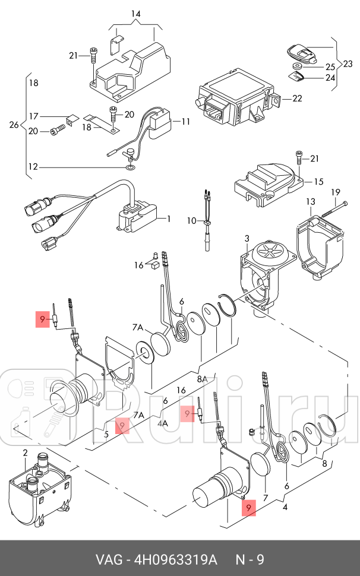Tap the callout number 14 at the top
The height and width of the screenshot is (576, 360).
[x=135, y=14]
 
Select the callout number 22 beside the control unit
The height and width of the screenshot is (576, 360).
[x=297, y=98]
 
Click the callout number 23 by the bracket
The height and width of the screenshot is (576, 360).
[x=348, y=64]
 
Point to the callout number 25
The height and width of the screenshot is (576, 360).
[x=330, y=67]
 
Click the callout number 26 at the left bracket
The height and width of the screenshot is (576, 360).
[x=14, y=125]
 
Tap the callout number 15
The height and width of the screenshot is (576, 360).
[x=318, y=182]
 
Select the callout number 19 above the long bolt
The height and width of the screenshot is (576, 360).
[x=336, y=192]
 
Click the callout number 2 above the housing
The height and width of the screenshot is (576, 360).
[x=25, y=452]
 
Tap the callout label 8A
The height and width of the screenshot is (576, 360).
[x=202, y=379]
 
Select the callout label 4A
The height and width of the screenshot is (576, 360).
[x=163, y=423]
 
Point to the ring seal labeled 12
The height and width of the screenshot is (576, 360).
[x=130, y=168]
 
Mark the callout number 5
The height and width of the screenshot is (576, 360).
[x=106, y=435]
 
